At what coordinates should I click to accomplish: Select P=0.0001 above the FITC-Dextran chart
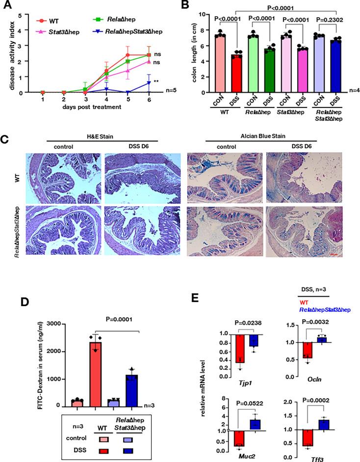click(x=117, y=317)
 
